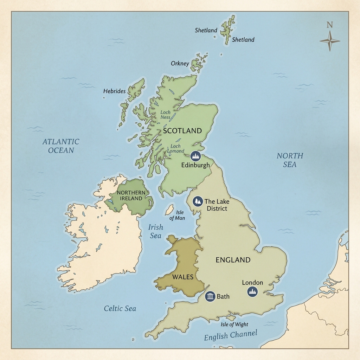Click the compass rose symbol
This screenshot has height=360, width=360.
click(x=330, y=41)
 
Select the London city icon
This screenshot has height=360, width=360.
click(x=252, y=291)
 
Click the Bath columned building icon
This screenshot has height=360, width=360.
click(x=210, y=296)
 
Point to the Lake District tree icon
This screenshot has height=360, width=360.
click(x=198, y=201)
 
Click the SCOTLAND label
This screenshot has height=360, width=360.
click(x=182, y=131)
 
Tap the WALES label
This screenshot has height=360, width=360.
click(x=183, y=277)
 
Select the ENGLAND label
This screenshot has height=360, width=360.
click(x=233, y=260)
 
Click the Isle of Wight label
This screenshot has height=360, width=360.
click(x=234, y=324)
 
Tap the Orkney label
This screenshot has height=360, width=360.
click(x=180, y=64)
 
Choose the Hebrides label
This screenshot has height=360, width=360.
click(x=114, y=91)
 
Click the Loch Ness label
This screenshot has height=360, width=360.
click(x=165, y=115)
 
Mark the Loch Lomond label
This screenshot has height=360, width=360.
click(x=176, y=148)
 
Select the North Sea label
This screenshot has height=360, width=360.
click(x=290, y=160)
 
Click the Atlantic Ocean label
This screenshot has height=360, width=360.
click(x=60, y=146)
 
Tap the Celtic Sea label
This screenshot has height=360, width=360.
click(x=120, y=309)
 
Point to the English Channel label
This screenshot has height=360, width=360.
click(x=231, y=335)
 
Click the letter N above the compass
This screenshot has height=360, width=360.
click(x=329, y=25)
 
